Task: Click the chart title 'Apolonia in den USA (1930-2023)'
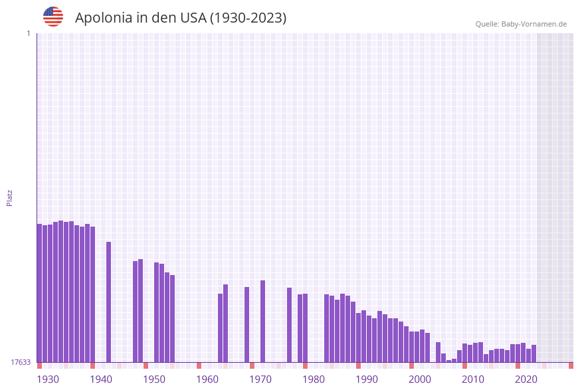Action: pyautogui.click(x=181, y=18)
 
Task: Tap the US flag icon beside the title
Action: pyautogui.click(x=53, y=17)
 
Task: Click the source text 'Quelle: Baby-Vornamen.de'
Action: pyautogui.click(x=521, y=24)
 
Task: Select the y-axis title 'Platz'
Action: pyautogui.click(x=10, y=197)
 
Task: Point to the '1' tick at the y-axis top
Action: pyautogui.click(x=28, y=33)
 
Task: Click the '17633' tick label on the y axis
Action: pyautogui.click(x=21, y=362)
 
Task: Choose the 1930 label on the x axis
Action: pyautogui.click(x=48, y=379)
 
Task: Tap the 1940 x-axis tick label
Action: pyautogui.click(x=101, y=379)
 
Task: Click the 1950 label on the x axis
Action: pyautogui.click(x=154, y=379)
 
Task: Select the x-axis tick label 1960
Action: pyautogui.click(x=207, y=379)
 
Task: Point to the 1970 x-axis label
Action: pyautogui.click(x=260, y=379)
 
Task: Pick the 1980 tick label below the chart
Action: pyautogui.click(x=314, y=379)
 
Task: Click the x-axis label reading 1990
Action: pyautogui.click(x=367, y=379)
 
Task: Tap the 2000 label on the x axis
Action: pyautogui.click(x=420, y=379)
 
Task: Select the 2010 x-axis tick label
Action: pyautogui.click(x=473, y=379)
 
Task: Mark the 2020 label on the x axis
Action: pyautogui.click(x=526, y=379)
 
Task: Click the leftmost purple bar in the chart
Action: pyautogui.click(x=39, y=292)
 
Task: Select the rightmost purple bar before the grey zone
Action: pyautogui.click(x=533, y=353)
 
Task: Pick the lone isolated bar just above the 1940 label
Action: pyautogui.click(x=108, y=302)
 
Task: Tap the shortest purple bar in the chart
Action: pyautogui.click(x=448, y=361)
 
